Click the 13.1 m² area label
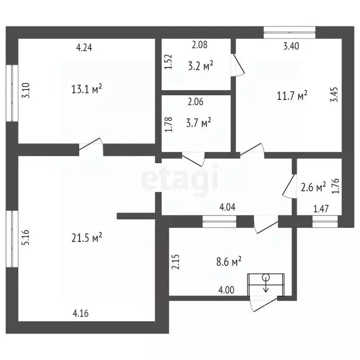87,89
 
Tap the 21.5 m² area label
87,238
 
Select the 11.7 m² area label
292,96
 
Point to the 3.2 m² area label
201,66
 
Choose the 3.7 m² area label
199,123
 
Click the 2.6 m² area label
313,187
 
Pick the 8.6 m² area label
229,261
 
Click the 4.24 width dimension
84,47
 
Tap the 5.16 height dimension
26,237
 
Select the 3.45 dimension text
334,94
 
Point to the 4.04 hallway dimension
227,207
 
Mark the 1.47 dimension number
321,209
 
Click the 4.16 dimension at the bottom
81,313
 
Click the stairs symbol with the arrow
266,285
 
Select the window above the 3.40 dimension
290,32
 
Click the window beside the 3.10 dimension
12,93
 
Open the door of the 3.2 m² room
237,65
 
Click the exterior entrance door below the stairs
263,304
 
